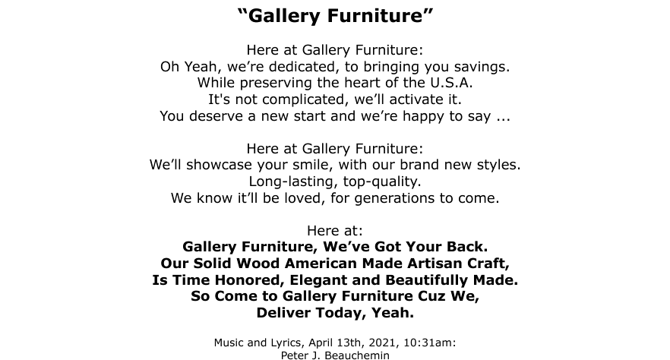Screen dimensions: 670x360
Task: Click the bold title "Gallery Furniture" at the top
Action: tap(335, 16)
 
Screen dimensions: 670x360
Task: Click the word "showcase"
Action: tap(219, 165)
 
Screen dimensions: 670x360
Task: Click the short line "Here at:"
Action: tap(335, 231)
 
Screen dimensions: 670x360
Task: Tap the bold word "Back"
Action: tap(467, 247)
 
